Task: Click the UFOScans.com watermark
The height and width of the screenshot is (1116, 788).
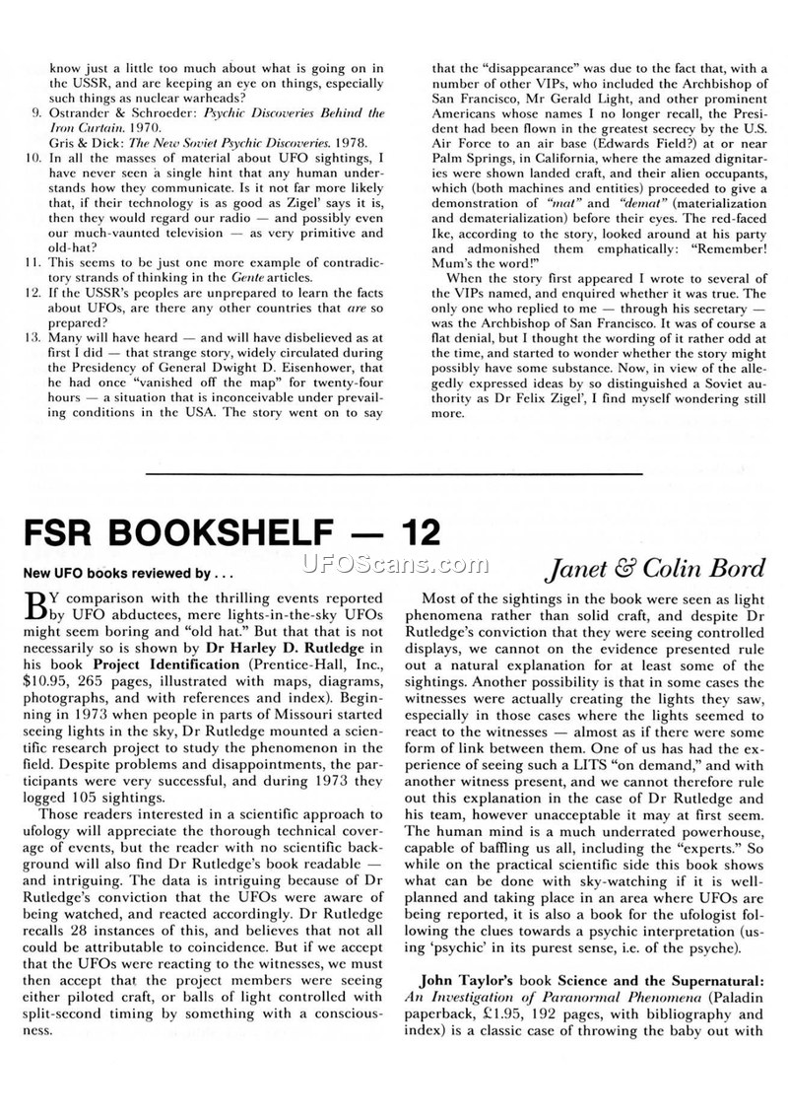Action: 394,563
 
